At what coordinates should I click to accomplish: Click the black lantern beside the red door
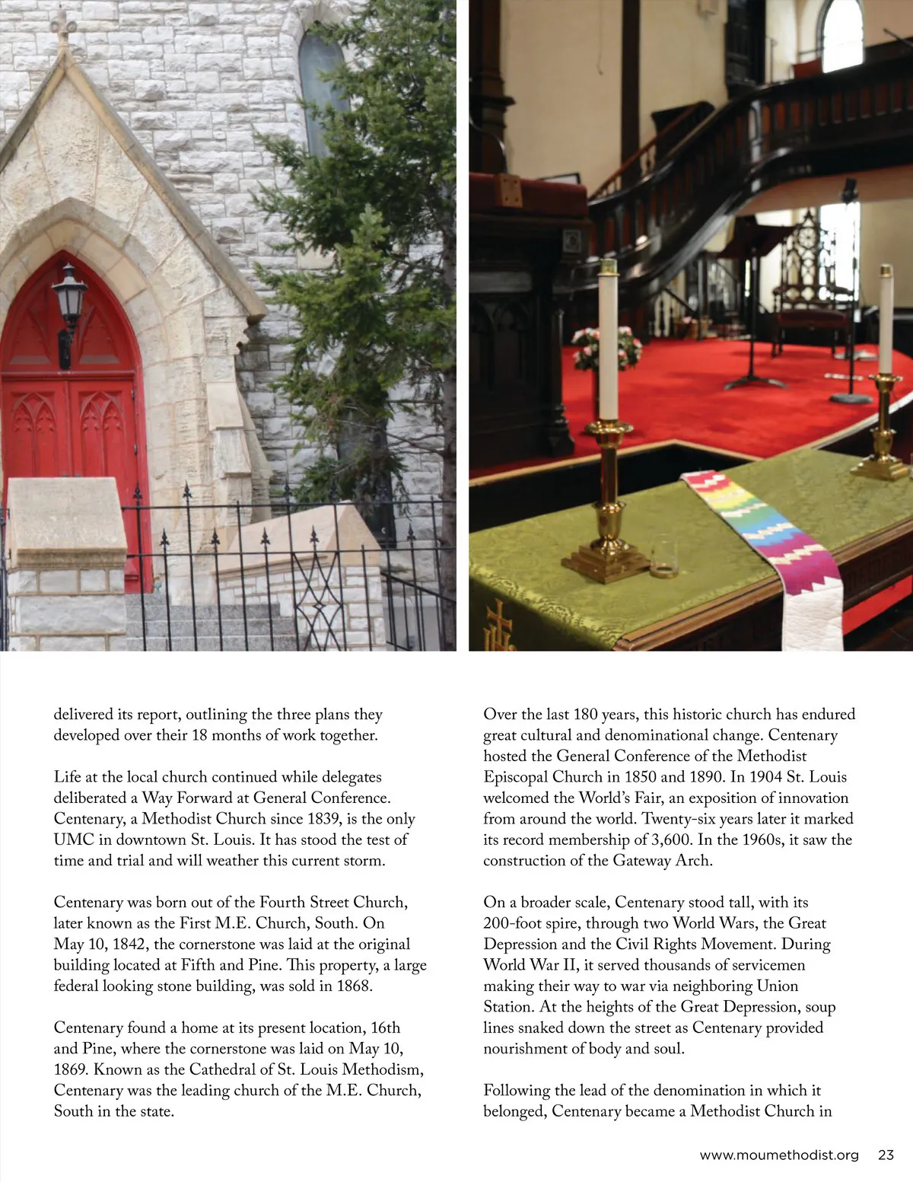[68, 301]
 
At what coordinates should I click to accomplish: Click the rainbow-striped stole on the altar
[768, 540]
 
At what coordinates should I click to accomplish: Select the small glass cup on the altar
[663, 556]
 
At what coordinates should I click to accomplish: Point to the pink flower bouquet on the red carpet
[607, 346]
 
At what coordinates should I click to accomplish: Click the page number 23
[886, 1155]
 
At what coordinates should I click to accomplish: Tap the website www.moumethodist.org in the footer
[778, 1155]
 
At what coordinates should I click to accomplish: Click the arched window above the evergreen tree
[320, 84]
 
